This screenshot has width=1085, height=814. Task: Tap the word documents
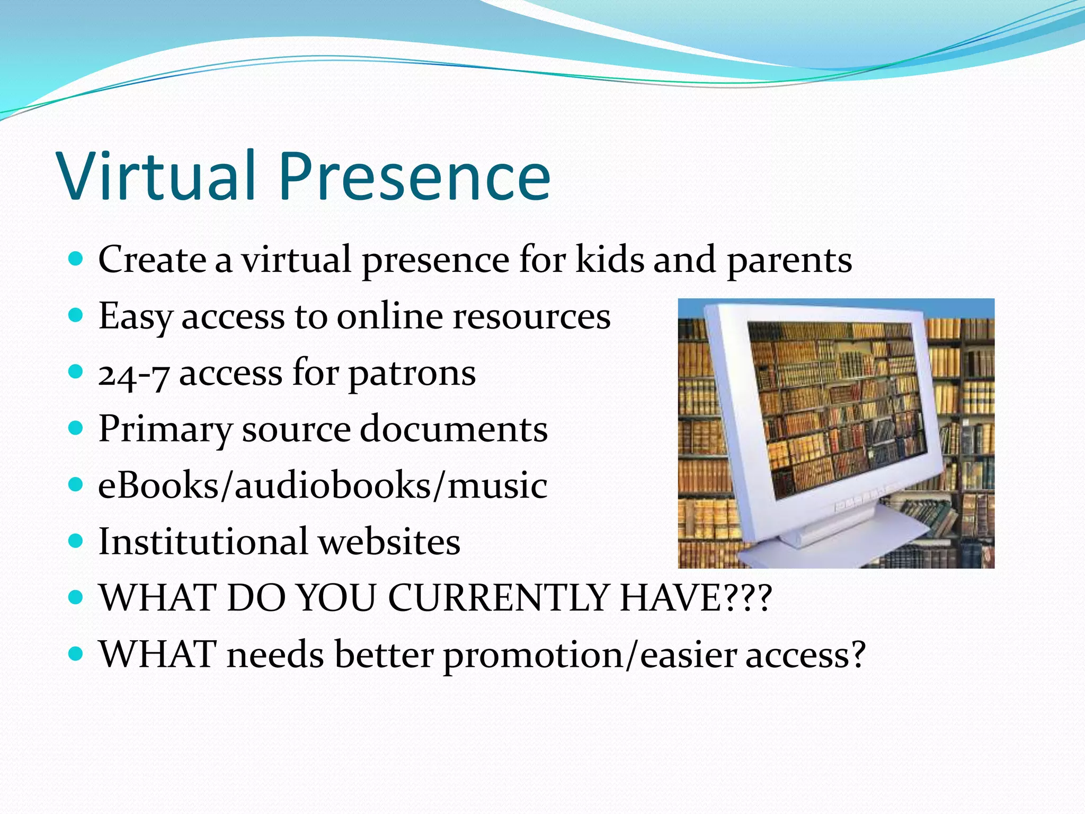click(x=453, y=429)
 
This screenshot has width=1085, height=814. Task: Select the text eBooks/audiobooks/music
click(x=323, y=485)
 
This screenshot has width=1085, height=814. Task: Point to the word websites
click(x=389, y=542)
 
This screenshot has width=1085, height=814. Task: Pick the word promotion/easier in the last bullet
click(x=589, y=655)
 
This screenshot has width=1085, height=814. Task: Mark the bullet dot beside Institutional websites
click(x=76, y=541)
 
